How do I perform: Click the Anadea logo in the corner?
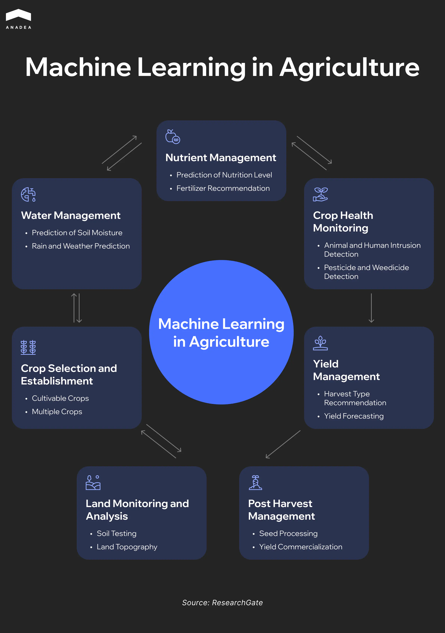point(18,19)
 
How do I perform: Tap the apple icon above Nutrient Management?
point(173,136)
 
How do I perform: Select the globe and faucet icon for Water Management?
point(28,194)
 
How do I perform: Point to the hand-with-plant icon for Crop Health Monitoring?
point(320,194)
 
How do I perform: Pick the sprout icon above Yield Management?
point(320,343)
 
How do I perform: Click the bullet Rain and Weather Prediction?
point(81,246)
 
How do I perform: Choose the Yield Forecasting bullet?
point(354,416)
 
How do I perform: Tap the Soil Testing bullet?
point(116,534)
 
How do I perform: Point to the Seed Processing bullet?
point(288,534)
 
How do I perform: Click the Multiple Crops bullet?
point(57,412)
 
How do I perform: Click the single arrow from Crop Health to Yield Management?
point(371,308)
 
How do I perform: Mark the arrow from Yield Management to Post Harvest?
point(283,444)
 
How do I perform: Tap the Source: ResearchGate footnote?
point(222,603)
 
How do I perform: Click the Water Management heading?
point(71,215)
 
